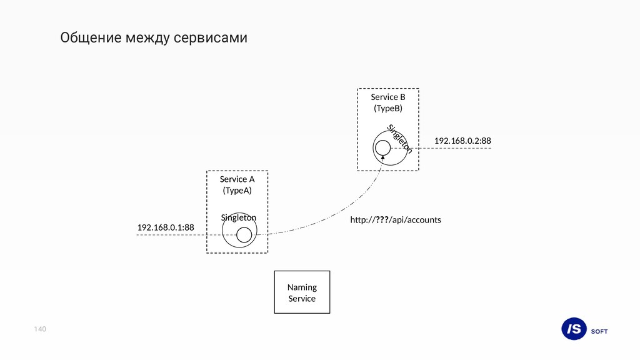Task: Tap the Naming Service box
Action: [302, 292]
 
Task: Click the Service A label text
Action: [237, 179]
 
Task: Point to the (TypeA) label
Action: [237, 191]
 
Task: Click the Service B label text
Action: [387, 97]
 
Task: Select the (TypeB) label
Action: [387, 108]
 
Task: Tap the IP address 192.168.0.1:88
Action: [166, 227]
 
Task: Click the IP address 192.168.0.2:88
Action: [462, 141]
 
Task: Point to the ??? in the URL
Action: [381, 220]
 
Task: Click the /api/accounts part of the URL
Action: [415, 220]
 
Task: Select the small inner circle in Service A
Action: [244, 235]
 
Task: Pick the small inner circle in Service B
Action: [382, 147]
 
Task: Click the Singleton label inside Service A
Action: [238, 217]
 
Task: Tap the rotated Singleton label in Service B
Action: [399, 139]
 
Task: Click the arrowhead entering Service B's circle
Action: [382, 158]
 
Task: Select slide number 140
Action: [41, 329]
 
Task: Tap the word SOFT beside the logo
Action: [599, 331]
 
